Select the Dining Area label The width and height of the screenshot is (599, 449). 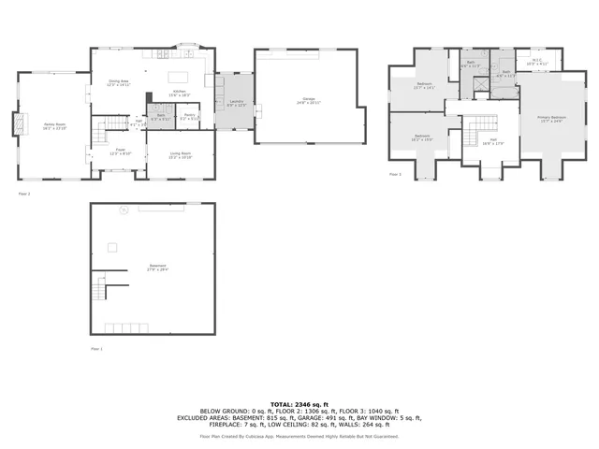118,83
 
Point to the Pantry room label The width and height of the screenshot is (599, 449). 189,117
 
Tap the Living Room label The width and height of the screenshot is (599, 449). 180,155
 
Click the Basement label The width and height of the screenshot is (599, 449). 158,267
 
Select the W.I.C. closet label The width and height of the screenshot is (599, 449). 535,64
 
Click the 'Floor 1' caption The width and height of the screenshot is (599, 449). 95,348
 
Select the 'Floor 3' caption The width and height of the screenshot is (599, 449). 394,174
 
